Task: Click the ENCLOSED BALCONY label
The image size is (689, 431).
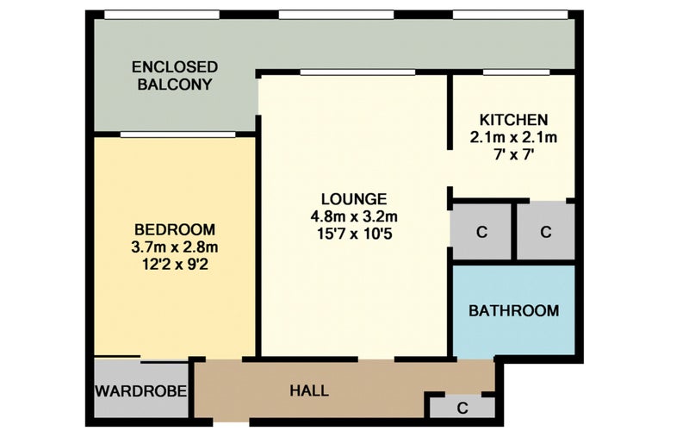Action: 175,76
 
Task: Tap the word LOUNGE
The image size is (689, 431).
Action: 354,199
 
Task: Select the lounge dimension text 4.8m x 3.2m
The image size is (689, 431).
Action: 354,216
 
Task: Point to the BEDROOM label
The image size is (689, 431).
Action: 175,229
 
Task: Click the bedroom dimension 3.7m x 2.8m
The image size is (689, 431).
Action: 175,247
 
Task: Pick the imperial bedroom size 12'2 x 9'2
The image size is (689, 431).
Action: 175,265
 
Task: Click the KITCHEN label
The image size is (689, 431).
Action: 513,120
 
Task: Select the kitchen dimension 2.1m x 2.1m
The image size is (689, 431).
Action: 513,137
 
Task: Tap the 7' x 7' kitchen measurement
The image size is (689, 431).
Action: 513,154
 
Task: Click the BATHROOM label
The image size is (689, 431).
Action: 513,311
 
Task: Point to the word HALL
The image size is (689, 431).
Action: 309,390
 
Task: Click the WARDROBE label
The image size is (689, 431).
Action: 141,391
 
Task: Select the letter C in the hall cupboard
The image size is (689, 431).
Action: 462,409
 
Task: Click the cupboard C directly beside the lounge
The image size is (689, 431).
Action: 481,232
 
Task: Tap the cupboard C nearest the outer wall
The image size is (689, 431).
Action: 546,232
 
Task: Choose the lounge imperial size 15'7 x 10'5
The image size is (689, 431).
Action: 354,234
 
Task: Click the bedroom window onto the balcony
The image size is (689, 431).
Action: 178,134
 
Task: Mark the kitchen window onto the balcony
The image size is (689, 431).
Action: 516,72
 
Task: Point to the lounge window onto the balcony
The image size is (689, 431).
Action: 357,72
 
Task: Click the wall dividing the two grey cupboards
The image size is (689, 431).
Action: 514,231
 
